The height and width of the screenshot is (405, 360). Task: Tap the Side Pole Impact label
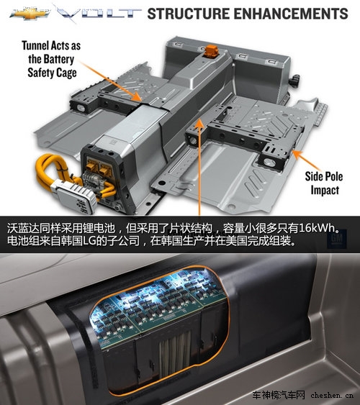(x=324, y=185)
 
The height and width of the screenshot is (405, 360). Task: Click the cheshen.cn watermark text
(x=332, y=395)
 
